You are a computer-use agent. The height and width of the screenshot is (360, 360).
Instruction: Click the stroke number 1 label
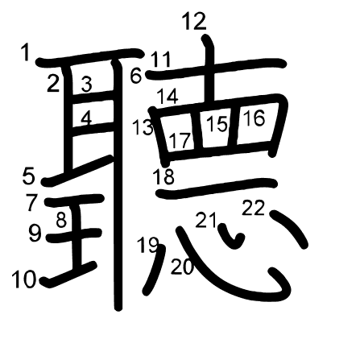[x=26, y=52]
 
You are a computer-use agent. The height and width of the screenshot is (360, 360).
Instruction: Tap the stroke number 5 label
[x=29, y=176]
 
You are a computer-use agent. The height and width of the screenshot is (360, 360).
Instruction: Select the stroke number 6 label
[x=136, y=76]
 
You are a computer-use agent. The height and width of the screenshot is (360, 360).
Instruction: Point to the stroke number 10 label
[x=23, y=279]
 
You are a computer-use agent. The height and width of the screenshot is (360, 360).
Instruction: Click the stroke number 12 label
[x=194, y=22]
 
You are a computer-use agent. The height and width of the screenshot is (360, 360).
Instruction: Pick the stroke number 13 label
[x=143, y=127]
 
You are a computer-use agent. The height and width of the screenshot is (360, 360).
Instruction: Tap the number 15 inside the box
[x=217, y=124]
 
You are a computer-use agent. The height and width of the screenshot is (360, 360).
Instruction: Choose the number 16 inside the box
[x=254, y=118]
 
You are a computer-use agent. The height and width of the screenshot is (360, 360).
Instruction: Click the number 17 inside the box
[x=180, y=140]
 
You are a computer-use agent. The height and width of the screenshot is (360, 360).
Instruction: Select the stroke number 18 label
[x=163, y=176]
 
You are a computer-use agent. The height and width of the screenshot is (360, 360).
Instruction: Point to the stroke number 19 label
[x=147, y=244]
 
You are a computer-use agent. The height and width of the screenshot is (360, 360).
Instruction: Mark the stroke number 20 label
[x=182, y=267]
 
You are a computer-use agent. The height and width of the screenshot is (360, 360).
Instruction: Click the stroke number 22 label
[x=254, y=208]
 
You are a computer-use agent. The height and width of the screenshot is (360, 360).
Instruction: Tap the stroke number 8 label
[x=61, y=220]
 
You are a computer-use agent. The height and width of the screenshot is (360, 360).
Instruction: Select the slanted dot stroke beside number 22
[x=289, y=228]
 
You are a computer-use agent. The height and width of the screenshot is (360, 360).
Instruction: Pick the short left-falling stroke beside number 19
[x=155, y=270]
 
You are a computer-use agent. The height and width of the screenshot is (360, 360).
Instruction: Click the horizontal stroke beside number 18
[x=217, y=188]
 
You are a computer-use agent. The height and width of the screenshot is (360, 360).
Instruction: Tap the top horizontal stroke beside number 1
[x=90, y=57]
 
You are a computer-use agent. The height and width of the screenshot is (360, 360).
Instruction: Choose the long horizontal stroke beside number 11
[x=217, y=68]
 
